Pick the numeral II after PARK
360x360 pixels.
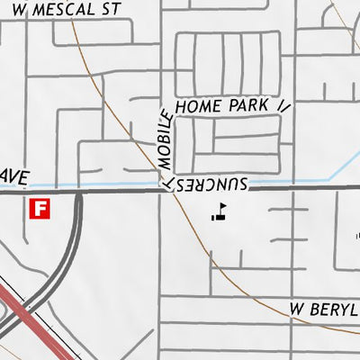coord(283,105)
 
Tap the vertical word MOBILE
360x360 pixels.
coord(165,139)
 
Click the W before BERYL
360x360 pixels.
coord(296,310)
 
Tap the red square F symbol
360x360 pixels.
coord(40,209)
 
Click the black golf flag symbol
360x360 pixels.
coord(219,211)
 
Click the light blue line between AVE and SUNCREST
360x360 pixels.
coord(108,184)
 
